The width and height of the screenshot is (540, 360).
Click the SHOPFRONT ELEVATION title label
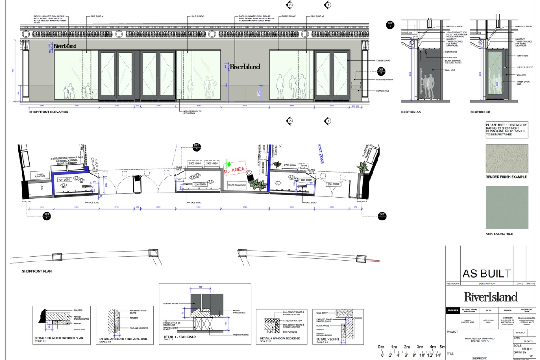tap(49, 112)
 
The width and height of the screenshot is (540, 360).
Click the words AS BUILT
tap(486, 273)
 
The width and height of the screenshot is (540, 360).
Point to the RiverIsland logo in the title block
tap(490, 297)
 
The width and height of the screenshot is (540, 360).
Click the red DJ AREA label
tap(235, 170)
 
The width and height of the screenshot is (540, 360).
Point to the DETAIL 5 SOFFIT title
tap(328, 338)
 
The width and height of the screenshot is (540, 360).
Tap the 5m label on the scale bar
tap(442, 347)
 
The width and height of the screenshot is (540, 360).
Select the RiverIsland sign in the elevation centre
tap(244, 67)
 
